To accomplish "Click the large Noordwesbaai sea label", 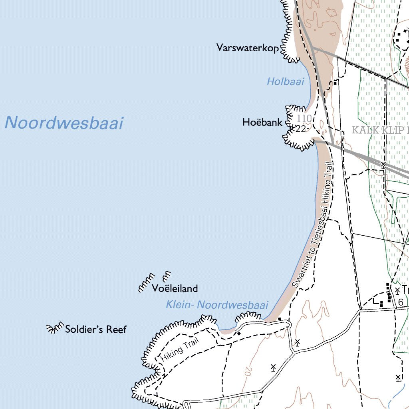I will click(x=64, y=123).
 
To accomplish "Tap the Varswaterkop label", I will click(x=247, y=48).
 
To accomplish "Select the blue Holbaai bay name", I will click(x=285, y=82).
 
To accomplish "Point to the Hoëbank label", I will click(x=262, y=123).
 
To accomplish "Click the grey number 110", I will click(x=304, y=119).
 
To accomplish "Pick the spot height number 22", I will click(x=301, y=129).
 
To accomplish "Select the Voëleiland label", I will click(x=175, y=288).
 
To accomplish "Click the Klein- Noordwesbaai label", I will click(x=217, y=305).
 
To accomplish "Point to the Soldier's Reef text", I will click(x=96, y=330).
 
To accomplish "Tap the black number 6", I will click(x=400, y=302).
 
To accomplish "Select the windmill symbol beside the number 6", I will click(x=397, y=290).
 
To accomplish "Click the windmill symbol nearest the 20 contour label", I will click(x=273, y=367).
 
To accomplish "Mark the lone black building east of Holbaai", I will click(x=335, y=83).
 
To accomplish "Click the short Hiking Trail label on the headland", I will click(x=179, y=351).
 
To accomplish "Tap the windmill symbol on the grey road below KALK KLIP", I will click(x=383, y=165).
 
